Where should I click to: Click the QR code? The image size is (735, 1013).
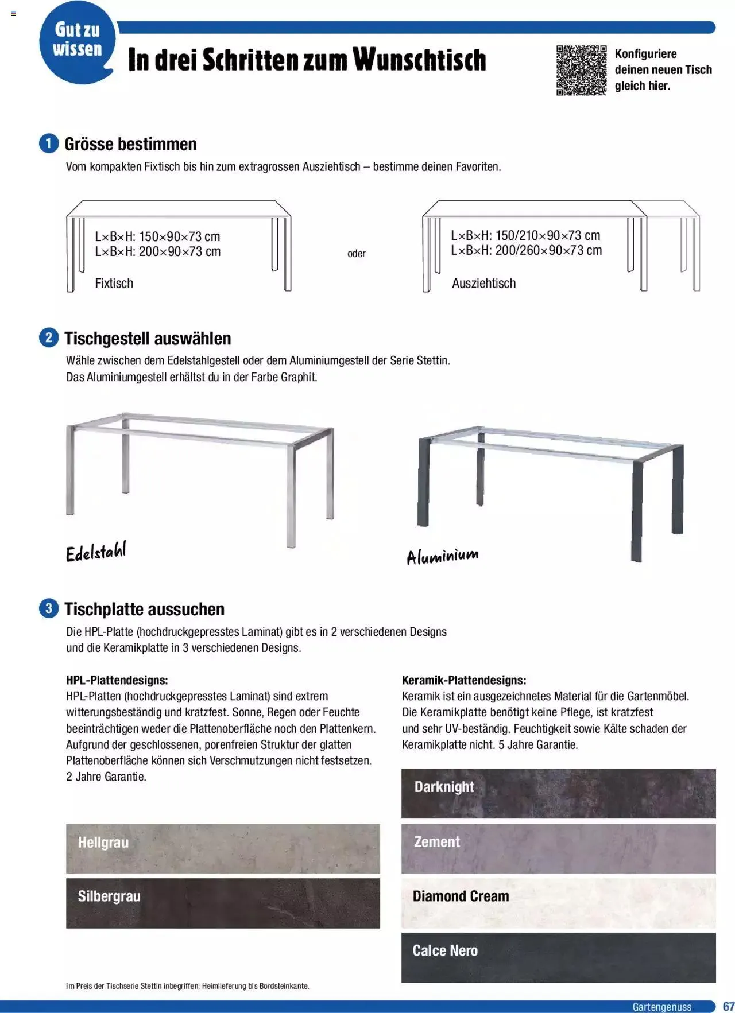pos(581,70)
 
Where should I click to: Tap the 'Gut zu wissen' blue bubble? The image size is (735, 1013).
pos(77,42)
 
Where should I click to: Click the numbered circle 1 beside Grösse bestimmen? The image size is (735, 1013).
pos(49,143)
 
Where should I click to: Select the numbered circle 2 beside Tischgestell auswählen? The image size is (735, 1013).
pos(49,337)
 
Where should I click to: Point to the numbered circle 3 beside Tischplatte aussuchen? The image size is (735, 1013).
pos(49,608)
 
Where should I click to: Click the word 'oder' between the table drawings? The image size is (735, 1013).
pos(356,253)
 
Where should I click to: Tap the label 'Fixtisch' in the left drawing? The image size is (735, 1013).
pos(114,283)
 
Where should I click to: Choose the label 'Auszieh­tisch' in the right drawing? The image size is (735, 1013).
pos(483,283)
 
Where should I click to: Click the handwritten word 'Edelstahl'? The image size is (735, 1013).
pos(95,552)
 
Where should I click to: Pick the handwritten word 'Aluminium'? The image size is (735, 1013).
pos(442,556)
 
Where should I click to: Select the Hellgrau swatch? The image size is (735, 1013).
pos(223,848)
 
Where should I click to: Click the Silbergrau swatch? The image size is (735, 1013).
pos(223,903)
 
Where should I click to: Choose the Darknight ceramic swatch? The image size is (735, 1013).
pos(558,793)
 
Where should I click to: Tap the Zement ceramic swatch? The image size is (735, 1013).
pos(558,848)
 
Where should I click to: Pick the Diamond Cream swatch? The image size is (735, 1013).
pos(558,903)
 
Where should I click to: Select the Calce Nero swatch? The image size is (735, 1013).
pos(558,957)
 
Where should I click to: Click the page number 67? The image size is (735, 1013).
pos(728,1006)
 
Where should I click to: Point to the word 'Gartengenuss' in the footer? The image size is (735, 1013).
pos(661,1007)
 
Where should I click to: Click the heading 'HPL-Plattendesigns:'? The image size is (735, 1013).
pos(117,680)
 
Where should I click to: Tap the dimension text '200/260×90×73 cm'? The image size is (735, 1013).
pos(548,250)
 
